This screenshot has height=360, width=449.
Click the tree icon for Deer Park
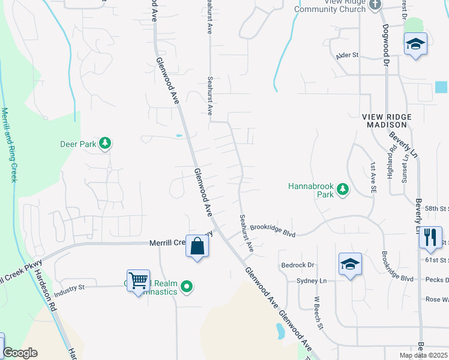click(106, 143)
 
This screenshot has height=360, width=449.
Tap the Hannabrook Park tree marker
click(343, 190)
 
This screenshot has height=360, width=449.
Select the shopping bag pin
click(197, 246)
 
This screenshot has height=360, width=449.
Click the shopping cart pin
click(139, 280)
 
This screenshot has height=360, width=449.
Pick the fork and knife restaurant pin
click(430, 238)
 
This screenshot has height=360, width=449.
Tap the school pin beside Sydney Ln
click(351, 264)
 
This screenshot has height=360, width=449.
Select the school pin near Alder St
click(415, 45)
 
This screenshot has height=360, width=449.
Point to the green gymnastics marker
click(187, 287)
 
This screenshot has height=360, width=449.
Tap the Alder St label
click(347, 55)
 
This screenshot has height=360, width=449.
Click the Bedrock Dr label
click(297, 265)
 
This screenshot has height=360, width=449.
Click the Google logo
click(20, 353)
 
